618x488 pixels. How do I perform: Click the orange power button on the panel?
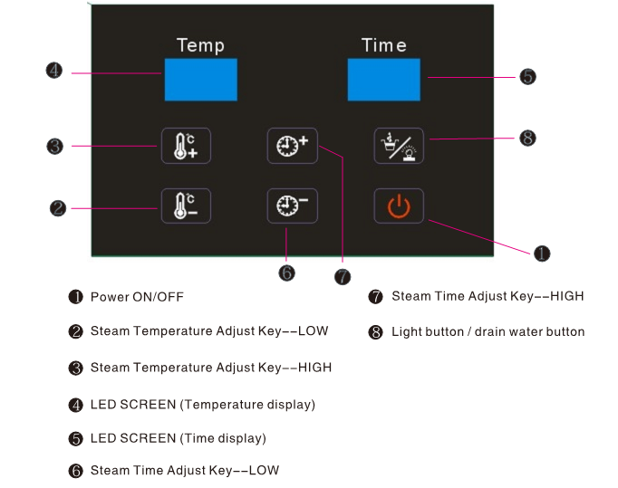(x=399, y=206)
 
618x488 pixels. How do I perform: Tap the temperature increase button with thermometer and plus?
(x=186, y=146)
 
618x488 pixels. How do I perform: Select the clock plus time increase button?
(x=293, y=146)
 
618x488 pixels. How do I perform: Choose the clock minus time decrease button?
(x=293, y=206)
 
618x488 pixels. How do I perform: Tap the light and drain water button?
(x=399, y=146)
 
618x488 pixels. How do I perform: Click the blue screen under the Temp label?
(x=201, y=80)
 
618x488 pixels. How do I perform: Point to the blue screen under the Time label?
(x=384, y=80)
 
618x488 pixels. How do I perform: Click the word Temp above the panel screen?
(x=200, y=45)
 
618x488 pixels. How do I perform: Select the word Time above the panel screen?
(x=384, y=45)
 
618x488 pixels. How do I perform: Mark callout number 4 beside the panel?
(x=54, y=71)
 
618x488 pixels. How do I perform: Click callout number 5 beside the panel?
(x=527, y=76)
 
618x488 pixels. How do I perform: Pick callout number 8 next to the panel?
(x=527, y=138)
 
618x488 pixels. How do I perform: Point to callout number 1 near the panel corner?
(x=542, y=254)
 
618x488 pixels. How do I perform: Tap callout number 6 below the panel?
(x=286, y=273)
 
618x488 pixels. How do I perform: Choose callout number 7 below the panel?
(x=343, y=276)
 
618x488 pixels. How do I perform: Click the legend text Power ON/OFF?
(x=137, y=297)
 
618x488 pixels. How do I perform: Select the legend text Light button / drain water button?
(x=488, y=332)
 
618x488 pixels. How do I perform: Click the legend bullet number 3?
(x=76, y=368)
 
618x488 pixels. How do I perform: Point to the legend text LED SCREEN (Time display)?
(x=179, y=438)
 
